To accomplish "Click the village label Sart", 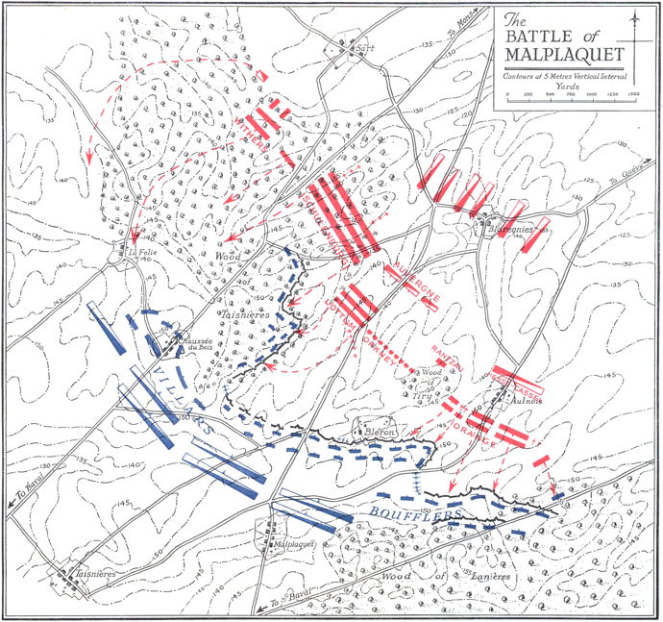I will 362,44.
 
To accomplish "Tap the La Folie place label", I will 140,254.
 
